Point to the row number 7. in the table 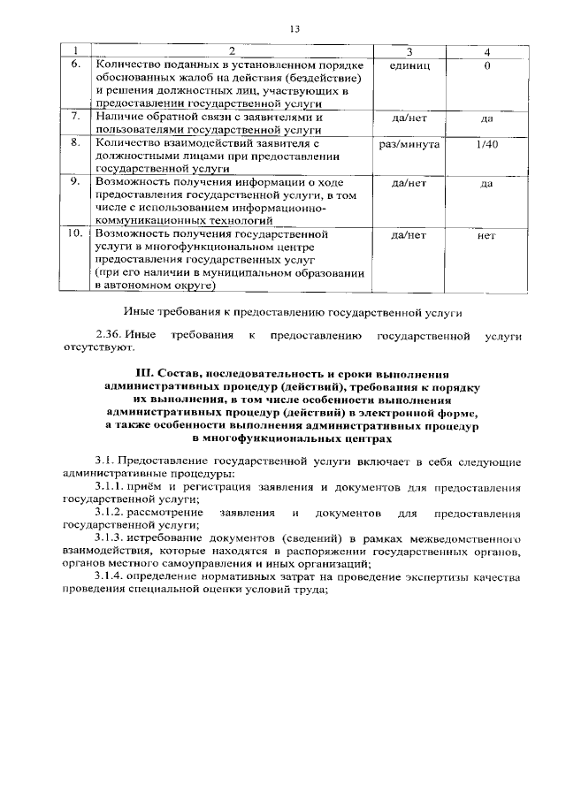[x=77, y=117]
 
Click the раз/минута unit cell [x=409, y=142]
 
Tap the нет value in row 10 [x=486, y=236]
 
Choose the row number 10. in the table [x=77, y=234]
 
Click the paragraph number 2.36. [x=108, y=336]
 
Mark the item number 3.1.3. [x=111, y=538]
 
